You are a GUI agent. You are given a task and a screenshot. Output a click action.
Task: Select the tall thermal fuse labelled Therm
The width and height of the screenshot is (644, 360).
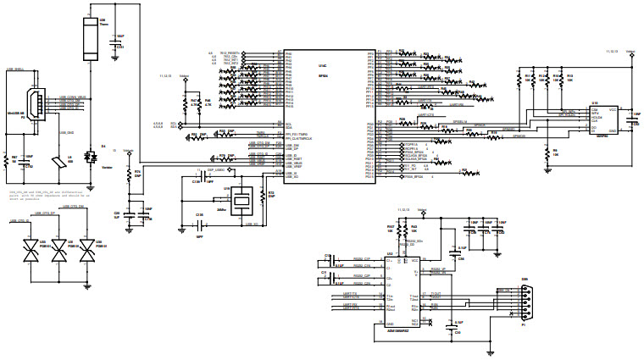click(90, 38)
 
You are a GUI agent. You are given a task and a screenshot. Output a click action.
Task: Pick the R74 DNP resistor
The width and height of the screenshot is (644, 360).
click(129, 175)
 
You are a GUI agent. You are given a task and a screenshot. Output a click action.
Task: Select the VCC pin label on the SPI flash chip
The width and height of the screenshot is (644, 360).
click(612, 109)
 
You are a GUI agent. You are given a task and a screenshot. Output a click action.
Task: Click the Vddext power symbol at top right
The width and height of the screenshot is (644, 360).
click(630, 51)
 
